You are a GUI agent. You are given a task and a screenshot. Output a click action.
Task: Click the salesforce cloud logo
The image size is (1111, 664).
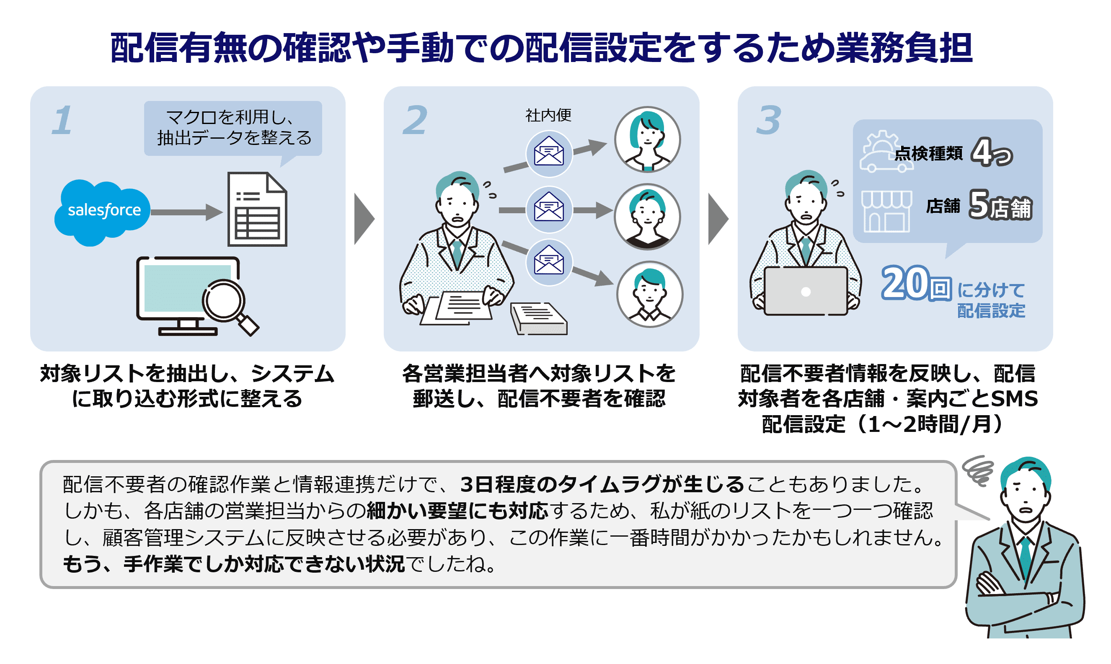102,212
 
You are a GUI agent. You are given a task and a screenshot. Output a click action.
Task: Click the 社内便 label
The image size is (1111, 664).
548,116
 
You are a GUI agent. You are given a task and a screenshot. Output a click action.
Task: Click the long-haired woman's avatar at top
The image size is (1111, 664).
647,140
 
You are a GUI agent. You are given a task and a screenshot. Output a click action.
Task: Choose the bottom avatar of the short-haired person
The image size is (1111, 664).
650,295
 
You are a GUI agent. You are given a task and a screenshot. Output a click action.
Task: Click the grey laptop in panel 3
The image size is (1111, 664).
806,291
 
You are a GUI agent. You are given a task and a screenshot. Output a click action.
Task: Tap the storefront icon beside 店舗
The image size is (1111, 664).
886,211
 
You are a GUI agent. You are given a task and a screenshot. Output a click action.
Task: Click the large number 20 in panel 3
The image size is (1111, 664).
905,283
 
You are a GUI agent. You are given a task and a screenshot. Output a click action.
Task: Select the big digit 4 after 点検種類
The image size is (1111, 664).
982,152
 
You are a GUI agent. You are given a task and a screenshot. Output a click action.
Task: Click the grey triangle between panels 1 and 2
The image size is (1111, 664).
363,219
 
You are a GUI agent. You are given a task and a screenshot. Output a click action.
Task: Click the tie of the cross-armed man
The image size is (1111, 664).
1026,559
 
